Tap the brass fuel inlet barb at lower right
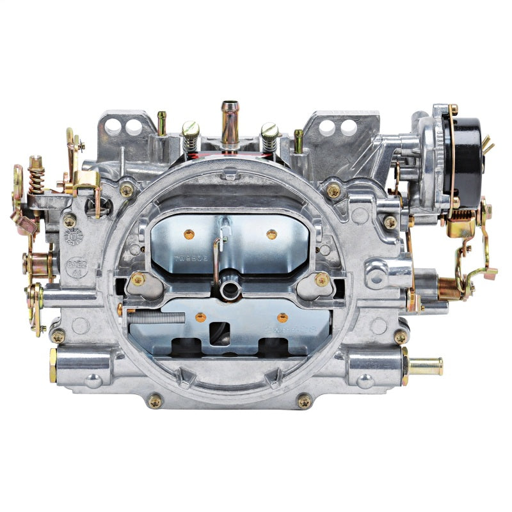425,366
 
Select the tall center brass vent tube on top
229,122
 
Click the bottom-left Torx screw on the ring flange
155,401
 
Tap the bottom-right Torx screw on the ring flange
304,401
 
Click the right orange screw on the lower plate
282,317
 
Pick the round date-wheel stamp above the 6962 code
74,237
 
